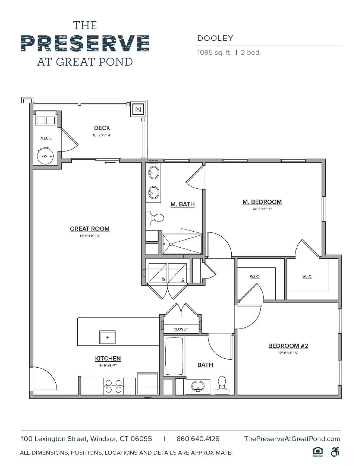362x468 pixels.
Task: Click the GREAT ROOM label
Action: click(x=90, y=229)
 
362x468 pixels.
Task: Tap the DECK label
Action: click(x=102, y=128)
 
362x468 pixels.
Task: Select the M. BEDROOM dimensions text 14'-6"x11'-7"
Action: click(x=262, y=209)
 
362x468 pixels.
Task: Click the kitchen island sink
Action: click(x=107, y=337)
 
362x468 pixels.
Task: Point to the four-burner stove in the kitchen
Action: click(x=114, y=386)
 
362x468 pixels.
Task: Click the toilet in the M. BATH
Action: click(x=156, y=218)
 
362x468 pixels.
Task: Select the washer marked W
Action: click(x=158, y=273)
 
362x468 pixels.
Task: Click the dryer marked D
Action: click(x=177, y=273)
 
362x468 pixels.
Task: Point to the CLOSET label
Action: click(x=180, y=329)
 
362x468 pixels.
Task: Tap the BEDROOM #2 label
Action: click(x=288, y=346)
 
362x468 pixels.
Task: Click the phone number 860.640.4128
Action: click(x=198, y=439)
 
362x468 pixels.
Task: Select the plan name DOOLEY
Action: click(x=215, y=38)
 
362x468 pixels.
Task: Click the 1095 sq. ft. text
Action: click(x=214, y=53)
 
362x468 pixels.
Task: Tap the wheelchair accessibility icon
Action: click(x=335, y=452)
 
